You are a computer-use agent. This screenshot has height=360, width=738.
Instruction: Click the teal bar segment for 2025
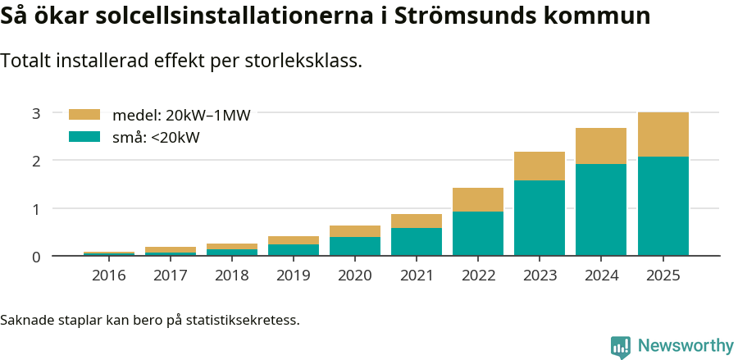point(663,206)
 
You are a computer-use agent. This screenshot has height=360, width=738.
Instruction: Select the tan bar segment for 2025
point(663,134)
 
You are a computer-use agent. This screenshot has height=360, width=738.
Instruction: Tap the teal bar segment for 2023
point(540,218)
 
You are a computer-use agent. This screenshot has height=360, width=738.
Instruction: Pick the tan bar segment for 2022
point(478,199)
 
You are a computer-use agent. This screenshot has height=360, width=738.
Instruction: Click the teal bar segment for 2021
point(417,242)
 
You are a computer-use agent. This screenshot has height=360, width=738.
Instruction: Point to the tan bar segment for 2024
point(601,146)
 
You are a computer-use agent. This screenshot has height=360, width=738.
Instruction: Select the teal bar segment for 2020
point(355,246)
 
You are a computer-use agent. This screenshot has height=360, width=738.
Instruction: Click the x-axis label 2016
point(109,276)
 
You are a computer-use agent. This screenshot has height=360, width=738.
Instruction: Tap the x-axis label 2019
point(294,276)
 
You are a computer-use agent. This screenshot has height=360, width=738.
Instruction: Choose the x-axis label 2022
point(478,276)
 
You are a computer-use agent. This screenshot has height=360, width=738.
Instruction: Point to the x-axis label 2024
point(601,276)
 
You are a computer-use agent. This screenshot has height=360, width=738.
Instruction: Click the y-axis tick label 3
point(36,113)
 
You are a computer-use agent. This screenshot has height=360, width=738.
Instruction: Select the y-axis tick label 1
point(36,209)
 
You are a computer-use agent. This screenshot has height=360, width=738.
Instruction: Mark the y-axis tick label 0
point(36,257)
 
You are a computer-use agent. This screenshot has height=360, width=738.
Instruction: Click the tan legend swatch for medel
point(84,115)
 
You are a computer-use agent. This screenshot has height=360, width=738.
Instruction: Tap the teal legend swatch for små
point(84,137)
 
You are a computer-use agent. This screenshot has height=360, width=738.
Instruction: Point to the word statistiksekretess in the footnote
point(242,319)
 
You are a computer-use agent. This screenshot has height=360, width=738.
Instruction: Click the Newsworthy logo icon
point(621,346)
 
